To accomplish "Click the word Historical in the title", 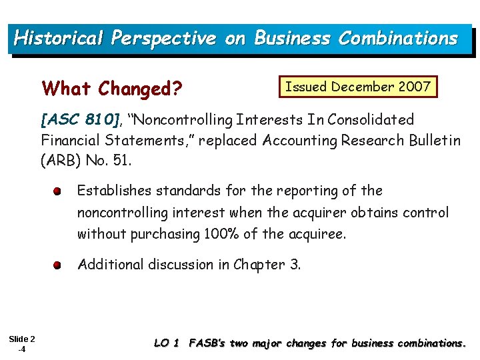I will coord(58,38).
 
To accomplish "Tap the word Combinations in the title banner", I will coord(398,38).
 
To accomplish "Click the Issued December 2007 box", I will coord(357,87).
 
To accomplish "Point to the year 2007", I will coord(414,87).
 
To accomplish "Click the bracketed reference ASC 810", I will coord(80,120).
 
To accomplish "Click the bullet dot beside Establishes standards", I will coord(59,191).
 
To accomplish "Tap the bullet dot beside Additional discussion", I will coord(59,265).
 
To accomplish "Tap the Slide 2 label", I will coord(23,339).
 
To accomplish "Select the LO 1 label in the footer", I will coord(167,343).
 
